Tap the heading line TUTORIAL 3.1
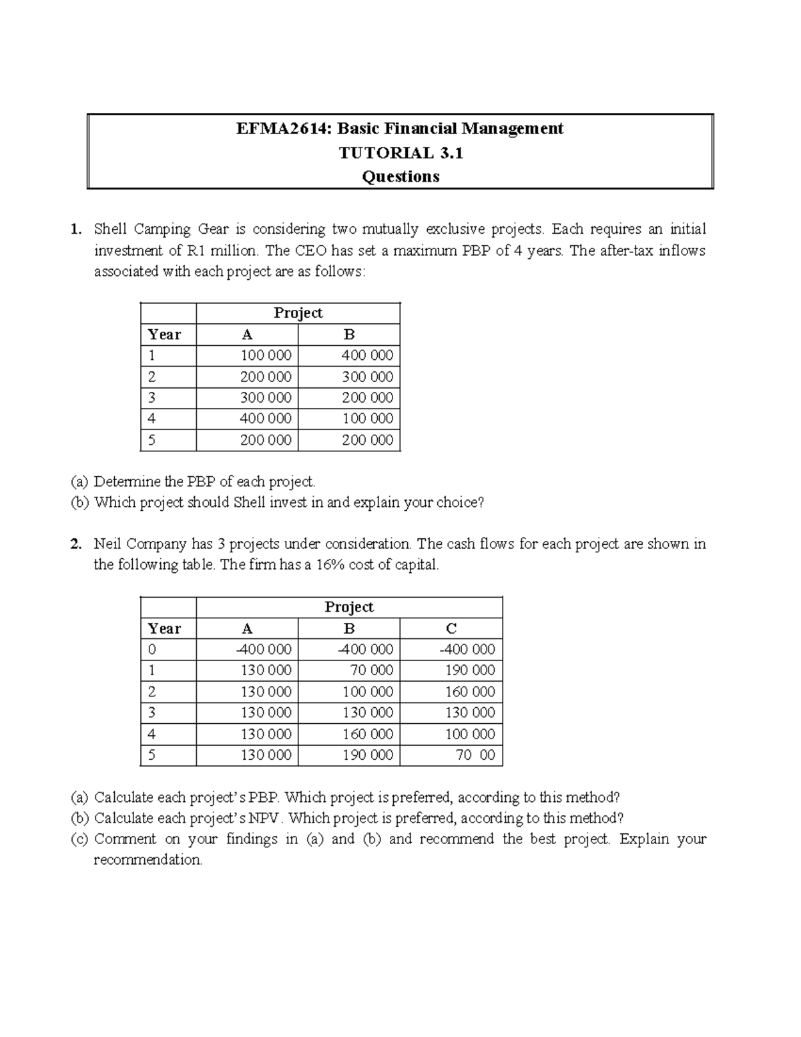click(x=400, y=153)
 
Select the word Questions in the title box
click(x=400, y=177)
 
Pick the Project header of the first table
click(x=298, y=313)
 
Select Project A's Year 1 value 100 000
click(x=266, y=355)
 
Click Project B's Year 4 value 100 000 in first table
click(x=367, y=419)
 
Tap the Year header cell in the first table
click(x=164, y=335)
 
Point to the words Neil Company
click(x=140, y=544)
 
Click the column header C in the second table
click(x=451, y=628)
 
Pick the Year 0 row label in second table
click(x=152, y=649)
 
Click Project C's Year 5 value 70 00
click(x=475, y=755)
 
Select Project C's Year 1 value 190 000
click(x=470, y=670)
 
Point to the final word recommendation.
click(x=148, y=860)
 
